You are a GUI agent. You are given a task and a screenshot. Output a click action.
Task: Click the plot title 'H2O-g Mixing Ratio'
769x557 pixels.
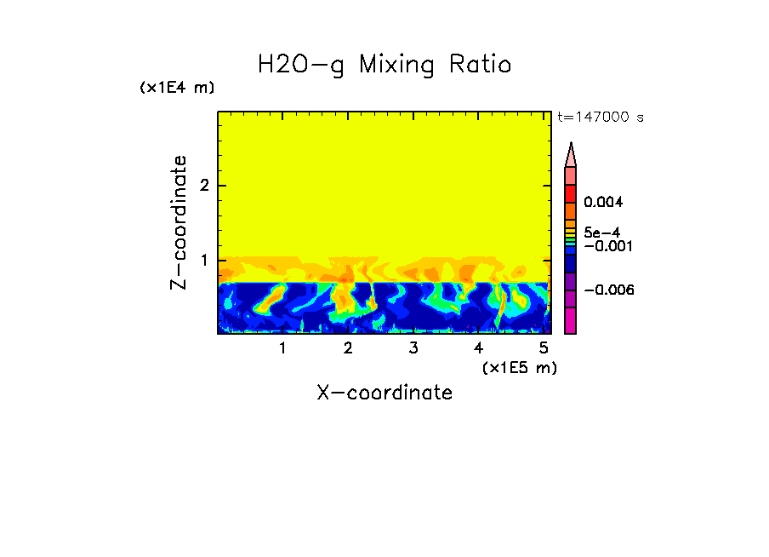pos(384,65)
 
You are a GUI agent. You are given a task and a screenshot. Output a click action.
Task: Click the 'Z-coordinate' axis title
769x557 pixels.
pos(179,222)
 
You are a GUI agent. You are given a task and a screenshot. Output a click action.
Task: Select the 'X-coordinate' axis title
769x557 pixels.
pos(384,393)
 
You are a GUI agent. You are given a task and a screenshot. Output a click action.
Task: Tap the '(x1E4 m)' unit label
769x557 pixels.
pos(177,88)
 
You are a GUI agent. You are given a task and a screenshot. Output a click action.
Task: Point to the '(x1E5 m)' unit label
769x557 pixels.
pos(519,367)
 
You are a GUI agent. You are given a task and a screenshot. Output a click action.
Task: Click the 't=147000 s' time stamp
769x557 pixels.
pos(600,117)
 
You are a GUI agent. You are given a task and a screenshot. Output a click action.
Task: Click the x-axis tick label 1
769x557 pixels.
pos(282,348)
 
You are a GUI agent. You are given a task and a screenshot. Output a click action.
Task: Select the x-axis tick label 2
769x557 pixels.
pos(348,348)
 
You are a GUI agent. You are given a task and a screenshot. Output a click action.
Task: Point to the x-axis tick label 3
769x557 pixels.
pos(413,348)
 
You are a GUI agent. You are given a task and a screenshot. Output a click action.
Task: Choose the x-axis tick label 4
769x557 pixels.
pos(478,348)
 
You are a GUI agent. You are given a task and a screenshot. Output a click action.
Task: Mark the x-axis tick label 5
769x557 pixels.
pos(544,348)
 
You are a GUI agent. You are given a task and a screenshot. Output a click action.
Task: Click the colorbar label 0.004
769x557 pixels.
pos(603,203)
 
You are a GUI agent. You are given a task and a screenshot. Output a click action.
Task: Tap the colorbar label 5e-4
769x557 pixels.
pos(601,233)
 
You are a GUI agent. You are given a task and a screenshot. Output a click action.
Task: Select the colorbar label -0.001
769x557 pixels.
pos(605,246)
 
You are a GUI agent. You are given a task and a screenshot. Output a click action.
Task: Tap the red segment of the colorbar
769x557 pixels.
pos(571,192)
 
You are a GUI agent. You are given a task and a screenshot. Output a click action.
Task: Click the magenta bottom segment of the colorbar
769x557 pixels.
pos(571,321)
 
